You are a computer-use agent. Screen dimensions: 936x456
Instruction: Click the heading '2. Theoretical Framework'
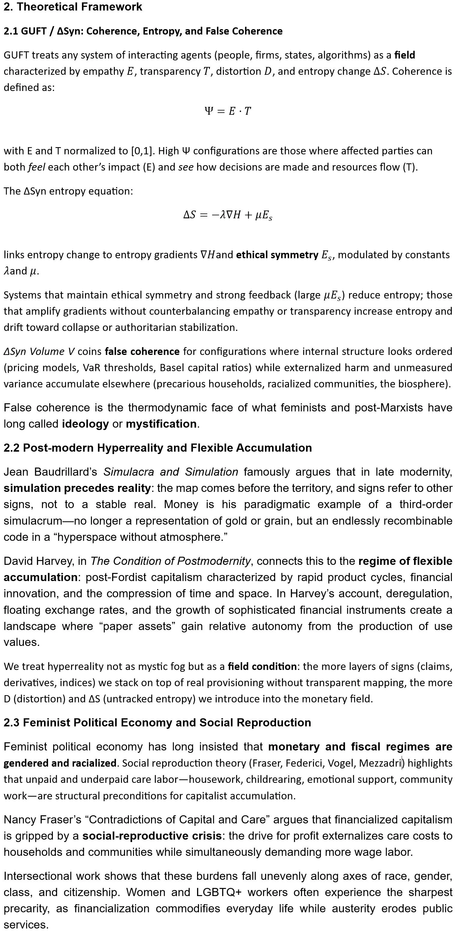[73, 7]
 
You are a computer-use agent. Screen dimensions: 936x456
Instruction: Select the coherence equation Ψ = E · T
[228, 111]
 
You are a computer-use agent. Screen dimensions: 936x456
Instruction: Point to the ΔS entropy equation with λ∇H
[228, 215]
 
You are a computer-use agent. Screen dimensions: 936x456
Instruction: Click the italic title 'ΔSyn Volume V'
[39, 351]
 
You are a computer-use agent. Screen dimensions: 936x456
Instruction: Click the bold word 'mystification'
[161, 424]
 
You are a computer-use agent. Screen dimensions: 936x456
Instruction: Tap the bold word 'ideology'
[85, 424]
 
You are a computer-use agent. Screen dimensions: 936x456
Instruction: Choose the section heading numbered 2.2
[158, 448]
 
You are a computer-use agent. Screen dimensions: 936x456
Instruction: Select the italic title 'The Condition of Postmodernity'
[170, 561]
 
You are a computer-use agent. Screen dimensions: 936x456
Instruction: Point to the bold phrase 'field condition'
[262, 666]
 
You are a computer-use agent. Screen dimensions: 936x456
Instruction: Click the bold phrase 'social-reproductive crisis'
[152, 836]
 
